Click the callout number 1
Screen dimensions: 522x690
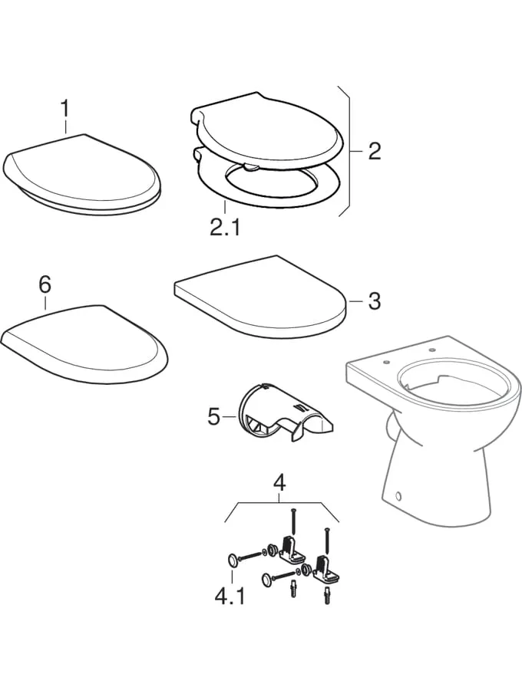point(64,109)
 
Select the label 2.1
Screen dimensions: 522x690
point(225,228)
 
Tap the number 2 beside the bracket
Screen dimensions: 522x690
point(374,151)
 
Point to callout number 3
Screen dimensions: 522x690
point(374,301)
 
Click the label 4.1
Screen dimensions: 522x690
point(229,597)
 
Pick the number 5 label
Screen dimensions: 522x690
point(213,417)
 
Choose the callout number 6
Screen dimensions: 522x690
point(45,284)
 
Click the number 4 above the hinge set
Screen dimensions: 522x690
point(279,483)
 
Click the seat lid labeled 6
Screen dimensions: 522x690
point(85,344)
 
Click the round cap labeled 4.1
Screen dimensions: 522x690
point(232,560)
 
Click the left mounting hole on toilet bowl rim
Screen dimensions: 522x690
point(386,362)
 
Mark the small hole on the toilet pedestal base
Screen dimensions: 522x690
point(399,496)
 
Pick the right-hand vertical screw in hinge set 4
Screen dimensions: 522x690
point(326,540)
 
